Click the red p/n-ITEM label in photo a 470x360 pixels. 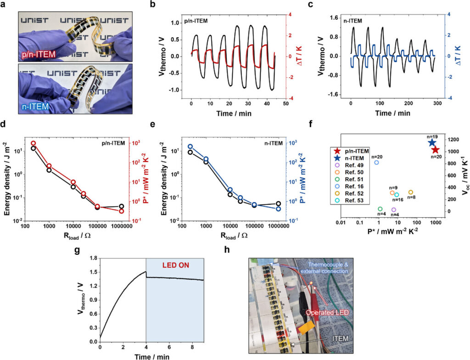point(38,56)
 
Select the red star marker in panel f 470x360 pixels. point(435,150)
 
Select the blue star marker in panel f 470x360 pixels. point(432,143)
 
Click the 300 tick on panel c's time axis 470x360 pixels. point(437,104)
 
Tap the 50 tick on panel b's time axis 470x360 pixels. point(285,104)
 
